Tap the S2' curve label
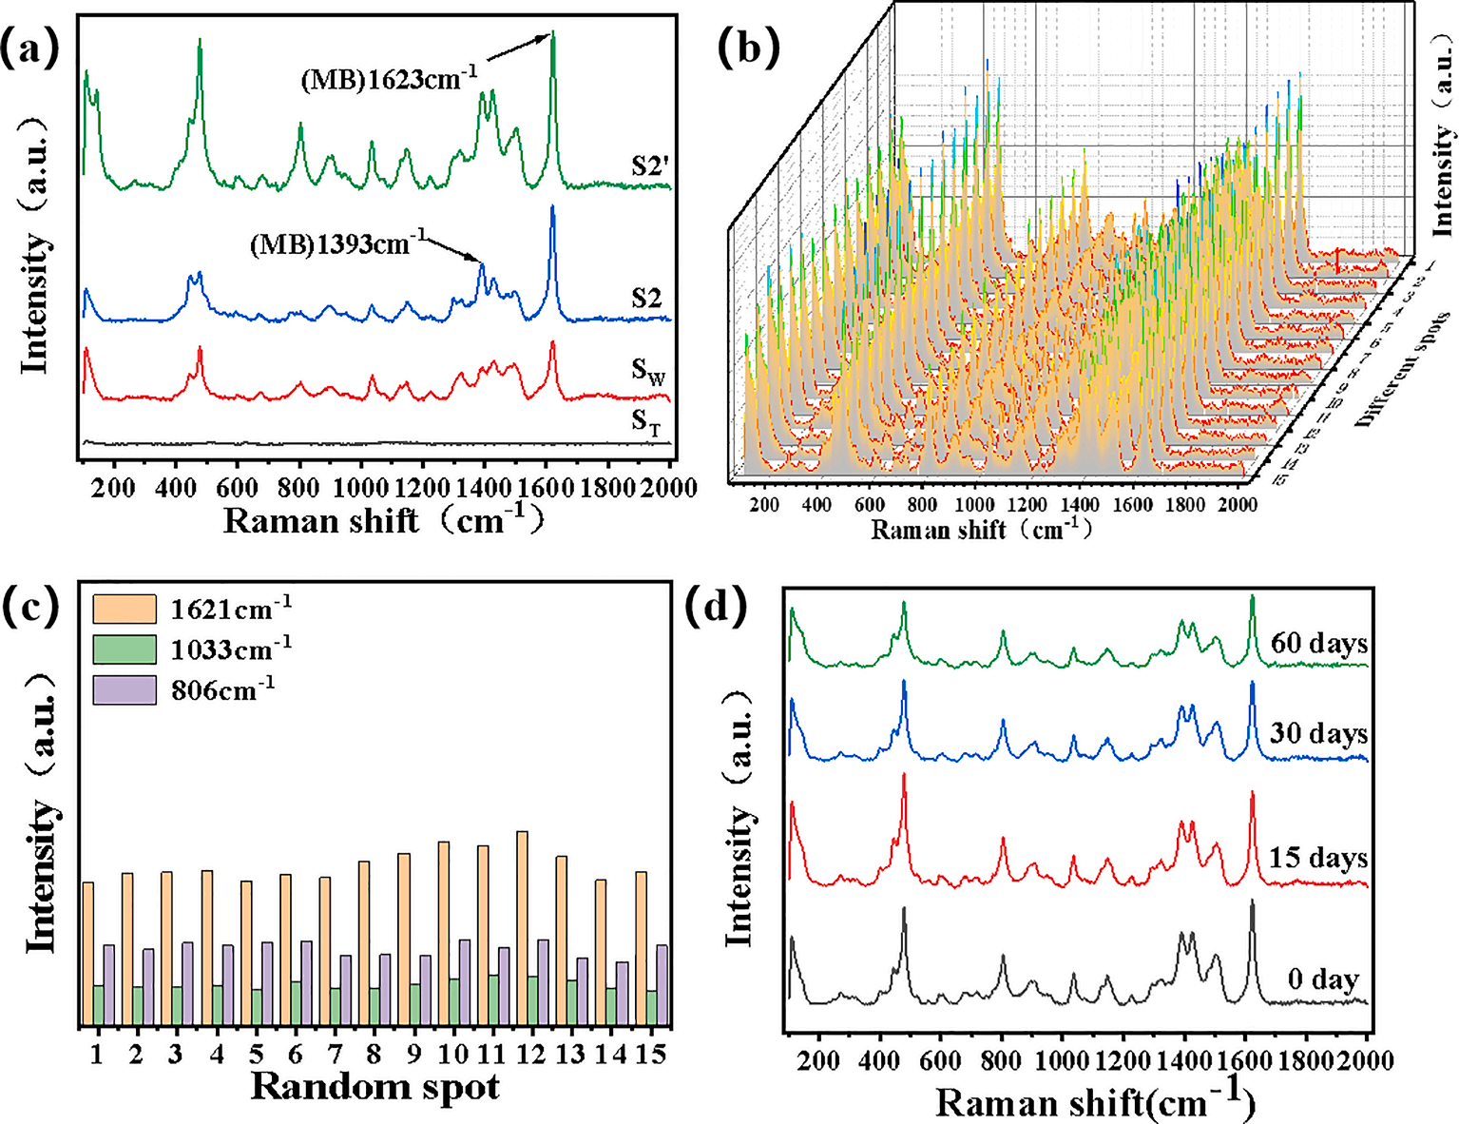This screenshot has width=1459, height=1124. (650, 166)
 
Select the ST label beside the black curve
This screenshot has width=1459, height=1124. (646, 420)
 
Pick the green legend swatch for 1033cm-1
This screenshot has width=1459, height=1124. (125, 649)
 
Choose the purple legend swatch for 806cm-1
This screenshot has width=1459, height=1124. (125, 689)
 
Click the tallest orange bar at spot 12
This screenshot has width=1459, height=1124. (522, 927)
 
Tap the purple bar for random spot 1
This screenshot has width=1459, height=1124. (108, 984)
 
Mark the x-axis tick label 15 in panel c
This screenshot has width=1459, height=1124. (650, 1054)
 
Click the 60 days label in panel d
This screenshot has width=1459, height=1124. (1319, 644)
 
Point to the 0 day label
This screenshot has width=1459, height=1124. (1323, 979)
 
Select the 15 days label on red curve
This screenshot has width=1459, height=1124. (1318, 858)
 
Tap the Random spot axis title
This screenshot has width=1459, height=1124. (375, 1087)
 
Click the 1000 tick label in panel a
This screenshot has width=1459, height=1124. (360, 488)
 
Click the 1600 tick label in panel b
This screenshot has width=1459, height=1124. (1132, 505)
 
